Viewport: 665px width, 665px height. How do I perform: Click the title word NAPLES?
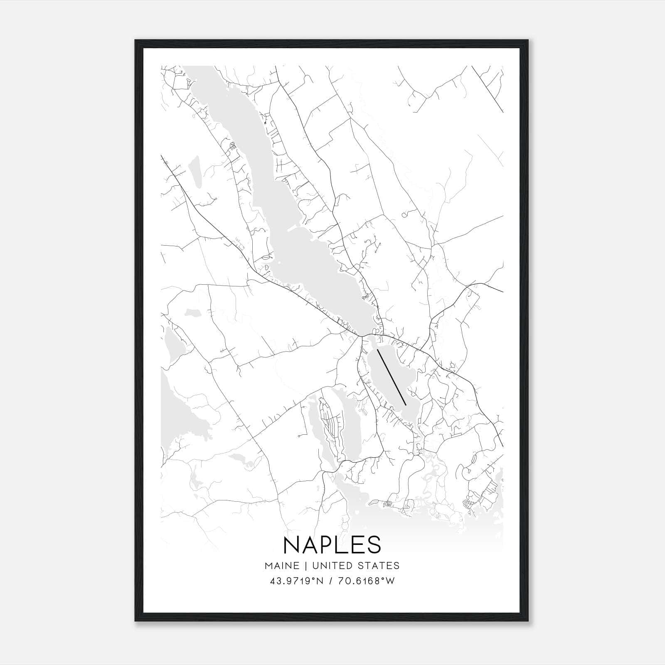click(332, 544)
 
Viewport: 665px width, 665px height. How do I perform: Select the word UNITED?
click(332, 566)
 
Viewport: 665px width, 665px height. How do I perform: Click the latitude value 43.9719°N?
click(297, 581)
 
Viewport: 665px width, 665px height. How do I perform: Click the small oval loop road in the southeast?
click(473, 459)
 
